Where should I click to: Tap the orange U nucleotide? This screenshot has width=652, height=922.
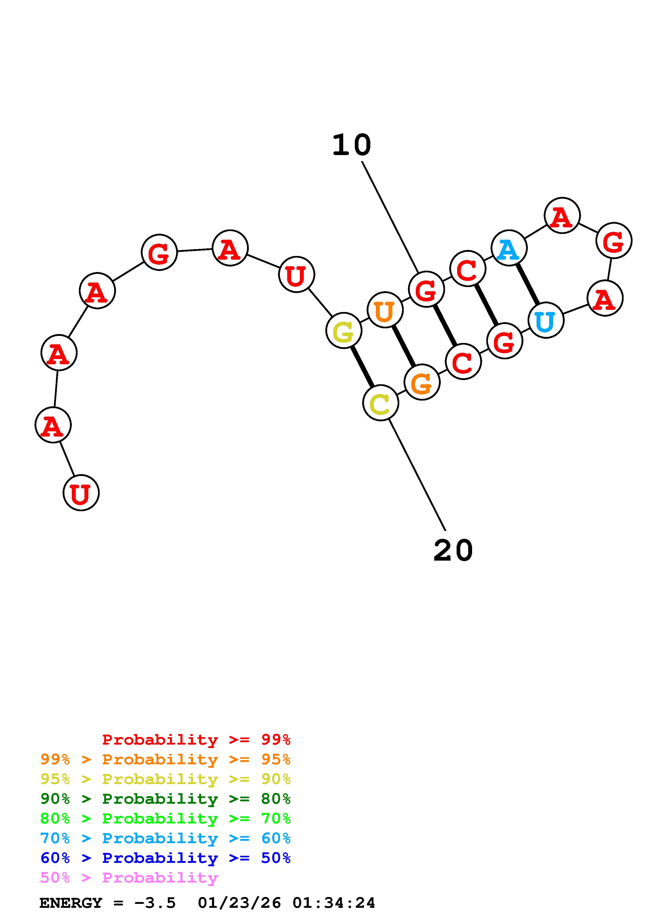click(385, 310)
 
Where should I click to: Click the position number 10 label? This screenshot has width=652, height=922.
click(351, 145)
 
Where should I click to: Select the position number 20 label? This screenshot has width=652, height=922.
click(453, 551)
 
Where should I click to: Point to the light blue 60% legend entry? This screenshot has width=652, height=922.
click(165, 838)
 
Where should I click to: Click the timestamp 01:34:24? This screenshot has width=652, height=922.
click(333, 903)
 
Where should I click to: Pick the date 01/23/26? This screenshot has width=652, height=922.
click(239, 903)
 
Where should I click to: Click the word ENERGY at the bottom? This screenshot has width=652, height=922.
click(71, 903)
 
